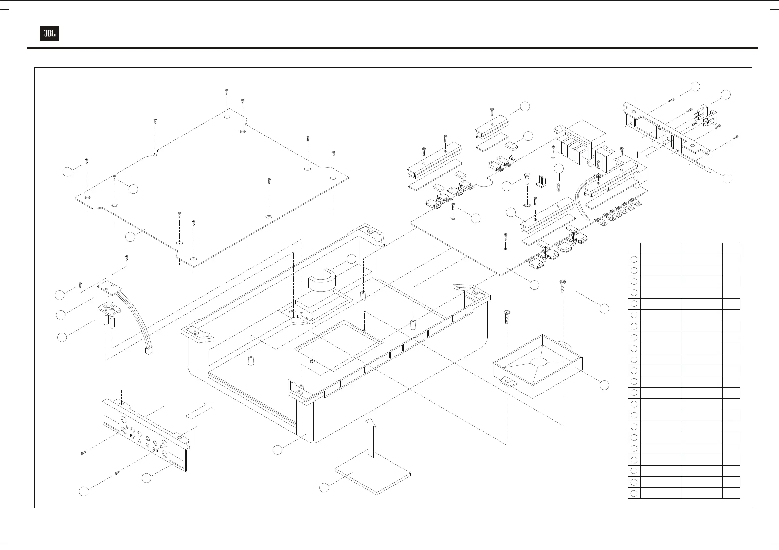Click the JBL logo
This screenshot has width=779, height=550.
click(49, 33)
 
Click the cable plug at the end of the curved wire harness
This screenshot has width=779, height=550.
click(148, 350)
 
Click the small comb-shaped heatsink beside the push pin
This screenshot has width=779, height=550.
click(541, 181)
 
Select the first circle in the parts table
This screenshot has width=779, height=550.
click(634, 260)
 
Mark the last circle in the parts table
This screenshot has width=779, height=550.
click(634, 493)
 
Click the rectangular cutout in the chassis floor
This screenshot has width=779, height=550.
click(339, 343)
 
